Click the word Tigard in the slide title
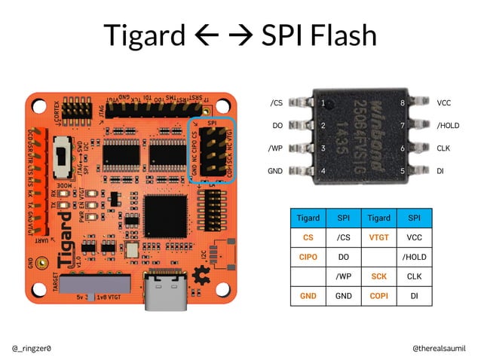[x=142, y=35]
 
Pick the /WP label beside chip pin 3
[x=275, y=148]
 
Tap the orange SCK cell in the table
[x=378, y=276]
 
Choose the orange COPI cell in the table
[x=378, y=296]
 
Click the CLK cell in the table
[x=414, y=276]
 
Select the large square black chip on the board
[x=165, y=215]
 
